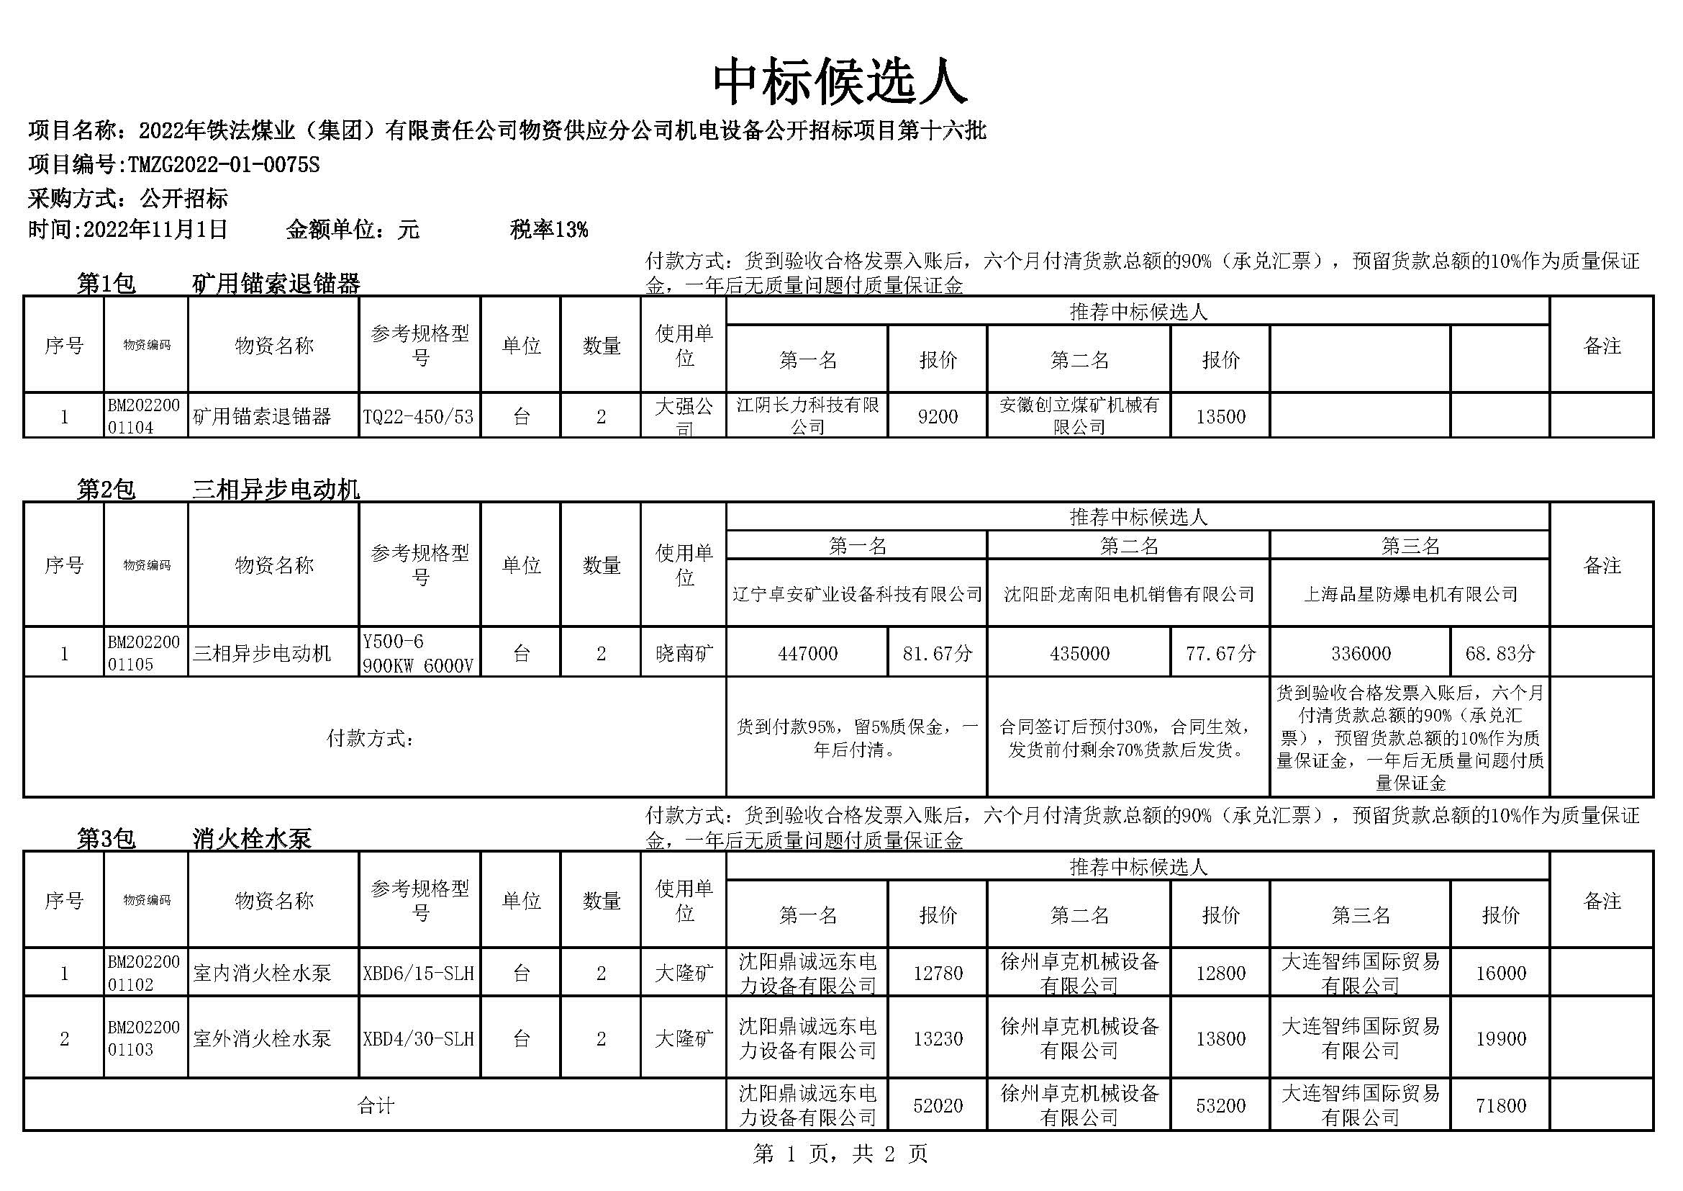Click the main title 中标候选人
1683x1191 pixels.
pos(840,81)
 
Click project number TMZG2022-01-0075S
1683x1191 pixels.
pos(224,164)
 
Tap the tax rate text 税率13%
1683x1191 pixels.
pos(548,230)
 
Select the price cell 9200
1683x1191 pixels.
pos(938,416)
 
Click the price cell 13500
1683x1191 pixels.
pos(1220,416)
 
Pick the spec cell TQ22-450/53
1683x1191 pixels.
pos(419,416)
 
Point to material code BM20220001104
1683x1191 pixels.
pos(144,415)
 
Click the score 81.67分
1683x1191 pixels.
pos(938,652)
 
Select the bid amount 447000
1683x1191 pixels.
pos(807,652)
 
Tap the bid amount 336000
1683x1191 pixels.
pos(1361,652)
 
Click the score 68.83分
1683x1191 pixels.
pos(1500,652)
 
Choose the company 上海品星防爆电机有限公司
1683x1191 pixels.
pos(1410,594)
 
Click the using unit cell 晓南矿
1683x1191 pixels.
pos(683,652)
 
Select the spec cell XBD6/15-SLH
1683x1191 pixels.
pos(419,974)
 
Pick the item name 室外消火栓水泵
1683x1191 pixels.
pos(263,1038)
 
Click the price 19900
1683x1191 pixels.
pos(1500,1038)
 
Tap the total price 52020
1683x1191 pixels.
pos(938,1105)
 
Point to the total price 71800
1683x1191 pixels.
pos(1500,1105)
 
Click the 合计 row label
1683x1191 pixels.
pos(376,1105)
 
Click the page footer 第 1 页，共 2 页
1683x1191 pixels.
pos(840,1154)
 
